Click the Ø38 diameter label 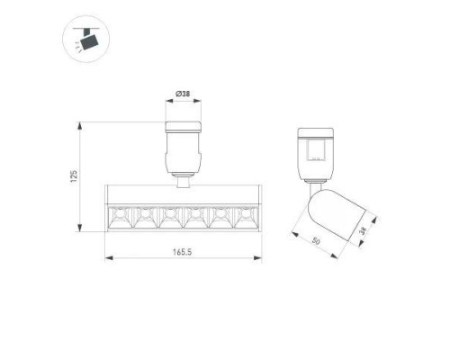[x=183, y=94]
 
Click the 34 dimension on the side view [x=362, y=232]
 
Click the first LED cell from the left [x=119, y=216]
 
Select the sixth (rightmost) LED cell [x=245, y=216]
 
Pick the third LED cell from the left [x=169, y=216]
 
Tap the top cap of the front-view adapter [x=183, y=125]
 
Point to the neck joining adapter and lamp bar [x=183, y=180]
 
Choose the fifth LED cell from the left [x=220, y=216]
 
